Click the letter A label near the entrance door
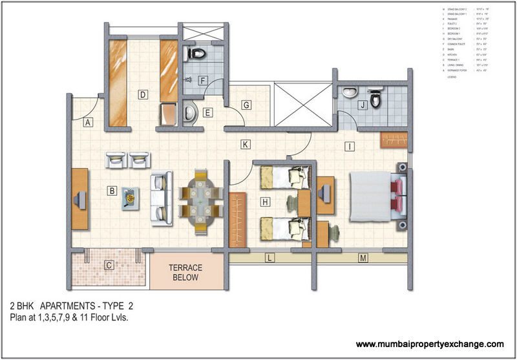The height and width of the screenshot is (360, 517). pos(89,122)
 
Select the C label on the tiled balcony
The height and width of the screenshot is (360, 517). pos(109,264)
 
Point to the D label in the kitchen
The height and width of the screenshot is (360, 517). pos(142,94)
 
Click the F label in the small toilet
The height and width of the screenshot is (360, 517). pos(202,81)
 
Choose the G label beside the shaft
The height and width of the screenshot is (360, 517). pos(246,104)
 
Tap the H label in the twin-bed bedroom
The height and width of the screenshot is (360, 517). pos(265,202)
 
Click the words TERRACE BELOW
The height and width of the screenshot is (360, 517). pos(186,272)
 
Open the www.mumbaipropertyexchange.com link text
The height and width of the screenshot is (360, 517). pos(430,344)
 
